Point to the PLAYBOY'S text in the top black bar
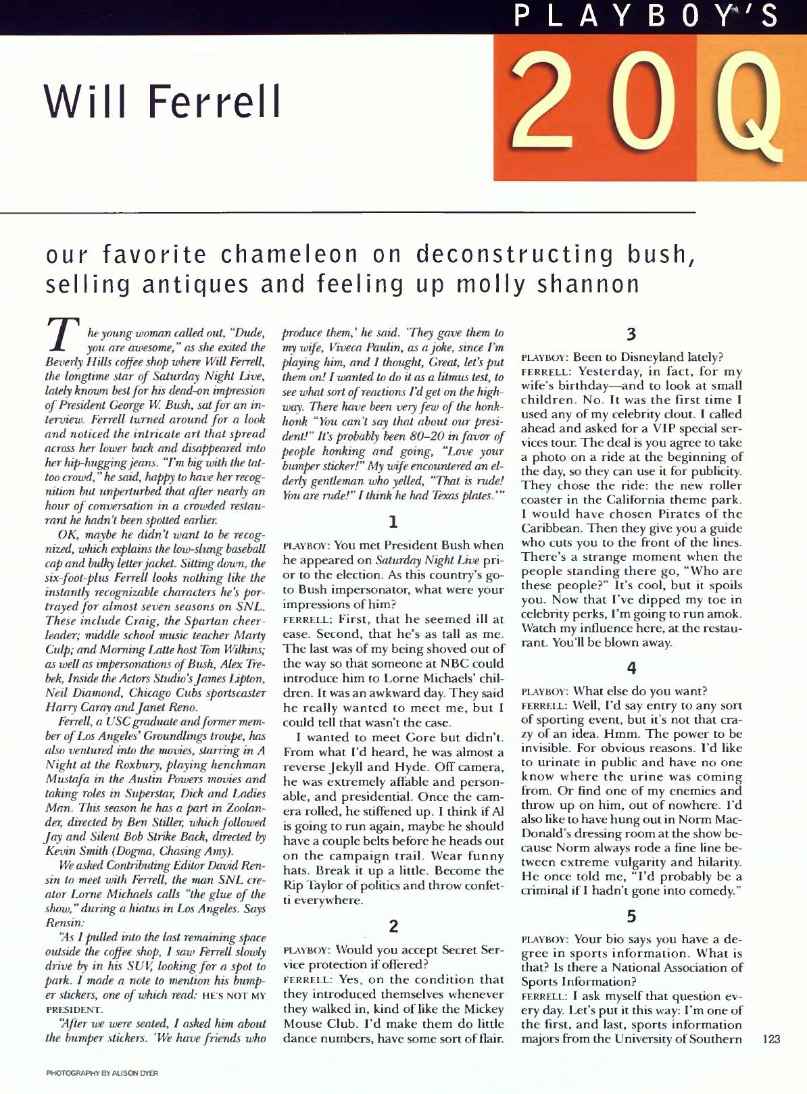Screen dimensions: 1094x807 point(645,16)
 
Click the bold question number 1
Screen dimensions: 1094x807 point(393,522)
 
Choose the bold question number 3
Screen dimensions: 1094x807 point(631,334)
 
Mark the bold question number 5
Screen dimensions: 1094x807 point(631,916)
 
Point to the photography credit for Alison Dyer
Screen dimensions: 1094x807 point(102,1073)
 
